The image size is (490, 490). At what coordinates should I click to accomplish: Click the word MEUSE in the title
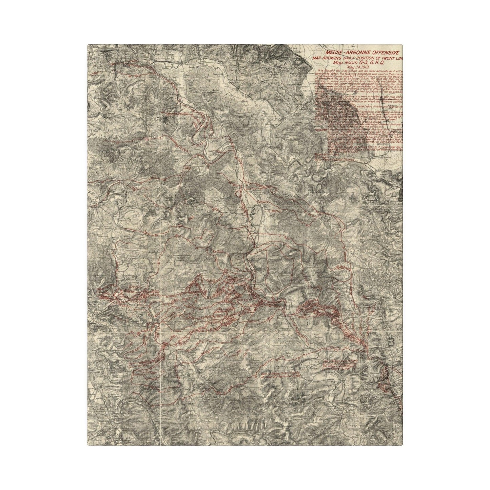click(x=334, y=53)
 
